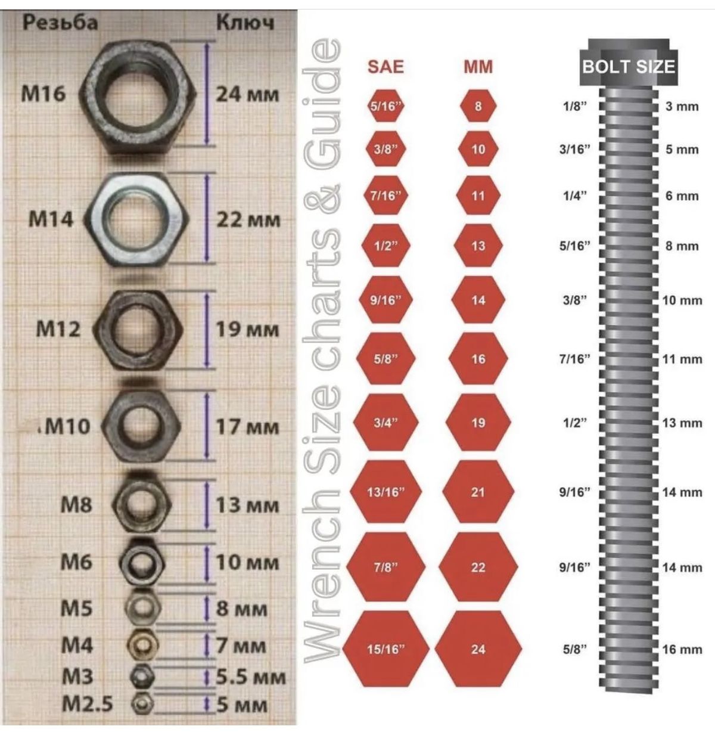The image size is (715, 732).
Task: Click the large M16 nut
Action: point(138,97)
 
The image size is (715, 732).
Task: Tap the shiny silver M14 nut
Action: point(136,219)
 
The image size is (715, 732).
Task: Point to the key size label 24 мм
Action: point(247,94)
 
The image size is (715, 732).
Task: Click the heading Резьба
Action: point(60,23)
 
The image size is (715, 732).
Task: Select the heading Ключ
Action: point(245,23)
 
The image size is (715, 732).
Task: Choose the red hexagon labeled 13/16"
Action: point(386,492)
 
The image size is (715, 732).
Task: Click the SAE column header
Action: point(386,67)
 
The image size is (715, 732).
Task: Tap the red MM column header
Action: point(478,67)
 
